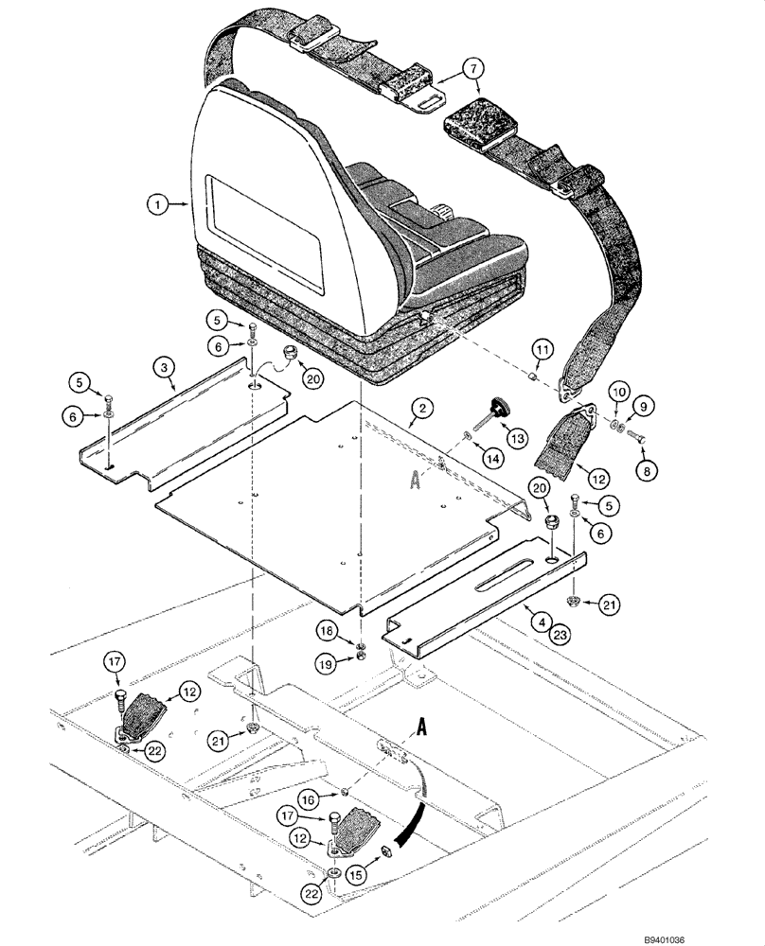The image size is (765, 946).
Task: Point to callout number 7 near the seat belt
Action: (x=473, y=67)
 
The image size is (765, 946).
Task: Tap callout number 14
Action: (x=489, y=457)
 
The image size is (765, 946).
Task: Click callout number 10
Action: (x=617, y=389)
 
